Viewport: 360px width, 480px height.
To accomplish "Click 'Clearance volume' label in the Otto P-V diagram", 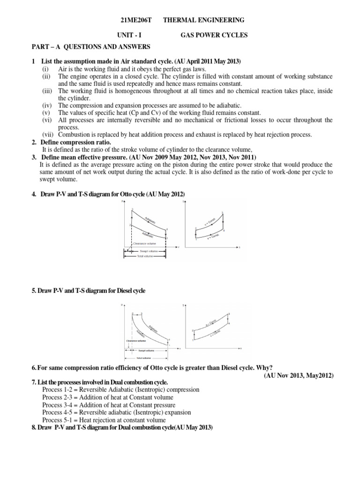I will coord(145,243).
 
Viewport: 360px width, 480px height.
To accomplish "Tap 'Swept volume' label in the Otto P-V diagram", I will coord(150,252).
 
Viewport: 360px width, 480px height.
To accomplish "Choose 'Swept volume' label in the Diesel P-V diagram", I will coord(146,350).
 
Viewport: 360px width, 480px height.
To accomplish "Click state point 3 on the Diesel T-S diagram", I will coord(228,314).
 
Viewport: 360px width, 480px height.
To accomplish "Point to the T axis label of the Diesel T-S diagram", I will coord(184,305).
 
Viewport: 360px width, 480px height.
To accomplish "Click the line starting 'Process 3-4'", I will coord(108,405).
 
